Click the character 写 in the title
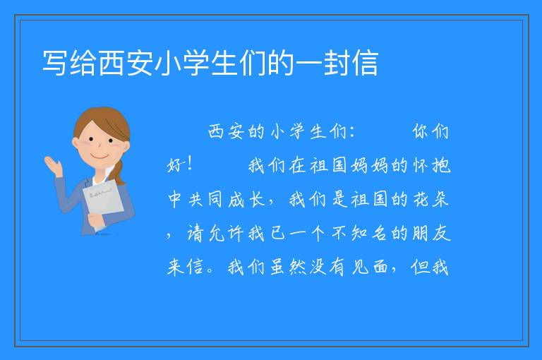54,63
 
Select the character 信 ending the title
365,63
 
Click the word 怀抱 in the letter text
432,166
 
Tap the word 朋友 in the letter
432,234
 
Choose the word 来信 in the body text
185,268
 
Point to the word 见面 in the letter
369,268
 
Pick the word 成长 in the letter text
246,200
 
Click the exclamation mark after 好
189,164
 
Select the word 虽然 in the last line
288,268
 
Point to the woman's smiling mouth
100,157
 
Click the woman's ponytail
119,172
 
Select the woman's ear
76,143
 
